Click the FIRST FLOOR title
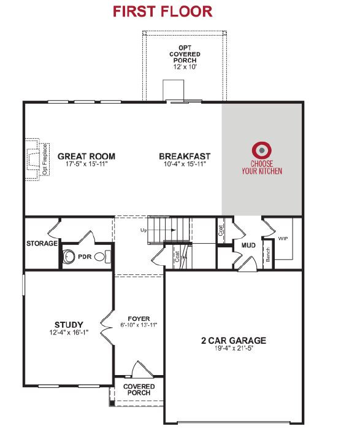[163, 12]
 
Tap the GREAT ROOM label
[86, 157]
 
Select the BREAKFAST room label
[185, 157]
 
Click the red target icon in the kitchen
[261, 150]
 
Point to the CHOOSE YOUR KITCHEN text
[262, 168]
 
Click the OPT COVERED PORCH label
[185, 54]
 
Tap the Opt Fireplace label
[45, 159]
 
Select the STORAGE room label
[42, 244]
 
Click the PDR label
[85, 257]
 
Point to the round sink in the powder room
[68, 257]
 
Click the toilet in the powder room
[102, 257]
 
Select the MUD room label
[248, 246]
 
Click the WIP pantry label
[283, 239]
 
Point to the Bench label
[268, 255]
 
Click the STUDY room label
[69, 325]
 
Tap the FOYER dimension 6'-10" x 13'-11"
[139, 325]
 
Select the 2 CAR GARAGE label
[234, 341]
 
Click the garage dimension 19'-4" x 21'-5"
[234, 349]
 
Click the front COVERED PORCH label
[139, 390]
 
